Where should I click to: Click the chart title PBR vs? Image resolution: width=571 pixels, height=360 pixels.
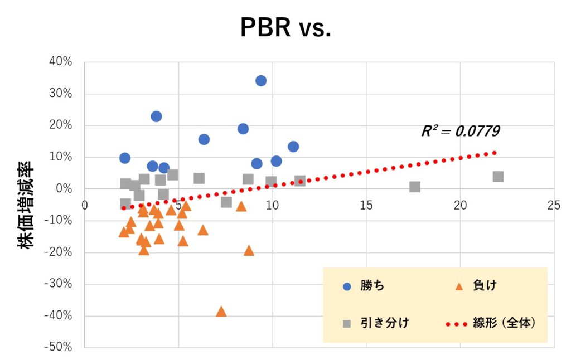(x=285, y=27)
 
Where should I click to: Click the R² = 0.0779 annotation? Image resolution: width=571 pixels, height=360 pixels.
(x=460, y=132)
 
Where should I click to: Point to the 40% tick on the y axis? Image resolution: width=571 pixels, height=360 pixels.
(x=60, y=61)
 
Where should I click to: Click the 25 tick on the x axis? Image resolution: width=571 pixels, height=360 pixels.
(x=554, y=205)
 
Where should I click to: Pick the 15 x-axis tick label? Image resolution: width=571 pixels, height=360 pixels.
(x=366, y=205)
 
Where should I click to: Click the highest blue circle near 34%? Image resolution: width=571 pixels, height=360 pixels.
(x=261, y=81)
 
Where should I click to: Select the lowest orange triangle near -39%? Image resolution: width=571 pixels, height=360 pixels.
(x=221, y=312)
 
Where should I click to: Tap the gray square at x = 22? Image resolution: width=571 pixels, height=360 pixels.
(x=498, y=177)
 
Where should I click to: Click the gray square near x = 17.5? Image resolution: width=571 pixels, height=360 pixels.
(x=414, y=187)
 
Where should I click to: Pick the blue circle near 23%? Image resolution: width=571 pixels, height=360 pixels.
(x=156, y=116)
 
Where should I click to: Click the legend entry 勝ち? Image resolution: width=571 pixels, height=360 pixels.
(x=372, y=286)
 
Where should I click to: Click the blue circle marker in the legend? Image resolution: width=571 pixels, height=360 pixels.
(x=347, y=286)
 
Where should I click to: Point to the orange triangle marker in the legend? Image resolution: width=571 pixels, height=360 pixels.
(x=459, y=286)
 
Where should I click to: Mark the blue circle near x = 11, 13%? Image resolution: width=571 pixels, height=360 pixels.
(x=293, y=147)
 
